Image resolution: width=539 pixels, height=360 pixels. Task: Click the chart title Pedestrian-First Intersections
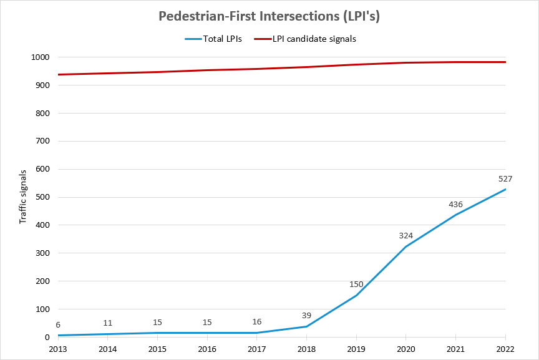[x=269, y=17]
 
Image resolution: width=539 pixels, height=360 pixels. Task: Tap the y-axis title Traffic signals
[x=23, y=197]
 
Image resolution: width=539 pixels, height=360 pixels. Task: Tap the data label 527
[x=505, y=179]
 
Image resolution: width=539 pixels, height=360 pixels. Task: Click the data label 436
[x=455, y=205]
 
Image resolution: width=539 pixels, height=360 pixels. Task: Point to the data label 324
[x=406, y=236]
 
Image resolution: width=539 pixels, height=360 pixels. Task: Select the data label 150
[x=356, y=285]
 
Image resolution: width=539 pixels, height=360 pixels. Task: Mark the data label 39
[x=306, y=316]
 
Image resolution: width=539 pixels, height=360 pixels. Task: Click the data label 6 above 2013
[x=58, y=325]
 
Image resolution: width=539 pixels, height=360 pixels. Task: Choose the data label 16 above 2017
[x=257, y=322]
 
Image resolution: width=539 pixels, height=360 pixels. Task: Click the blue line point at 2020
[x=406, y=246]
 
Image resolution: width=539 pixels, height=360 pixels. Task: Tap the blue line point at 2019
[x=356, y=295]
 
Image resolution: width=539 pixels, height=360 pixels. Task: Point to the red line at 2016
[x=207, y=70]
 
